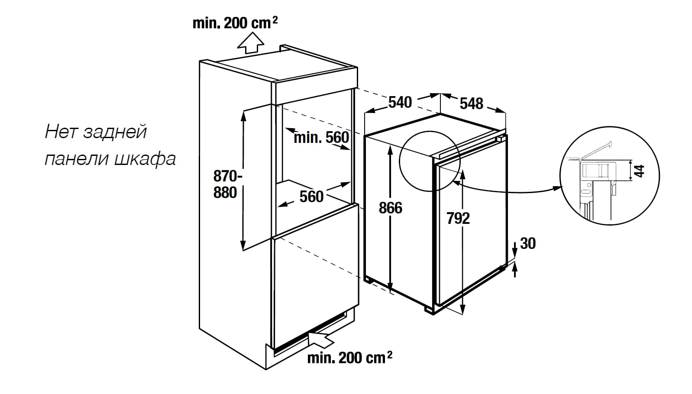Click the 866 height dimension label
(x=391, y=208)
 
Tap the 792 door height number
(x=458, y=219)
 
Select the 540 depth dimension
(x=400, y=103)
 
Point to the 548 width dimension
(x=472, y=103)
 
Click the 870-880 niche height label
(x=226, y=184)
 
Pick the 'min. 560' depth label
(x=321, y=138)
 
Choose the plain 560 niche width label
(x=312, y=197)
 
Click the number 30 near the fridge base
(x=528, y=244)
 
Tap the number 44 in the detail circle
(x=639, y=171)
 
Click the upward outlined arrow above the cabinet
(x=251, y=43)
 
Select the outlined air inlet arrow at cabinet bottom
(x=321, y=338)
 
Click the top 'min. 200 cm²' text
(x=235, y=23)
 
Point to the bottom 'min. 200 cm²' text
(x=350, y=358)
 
